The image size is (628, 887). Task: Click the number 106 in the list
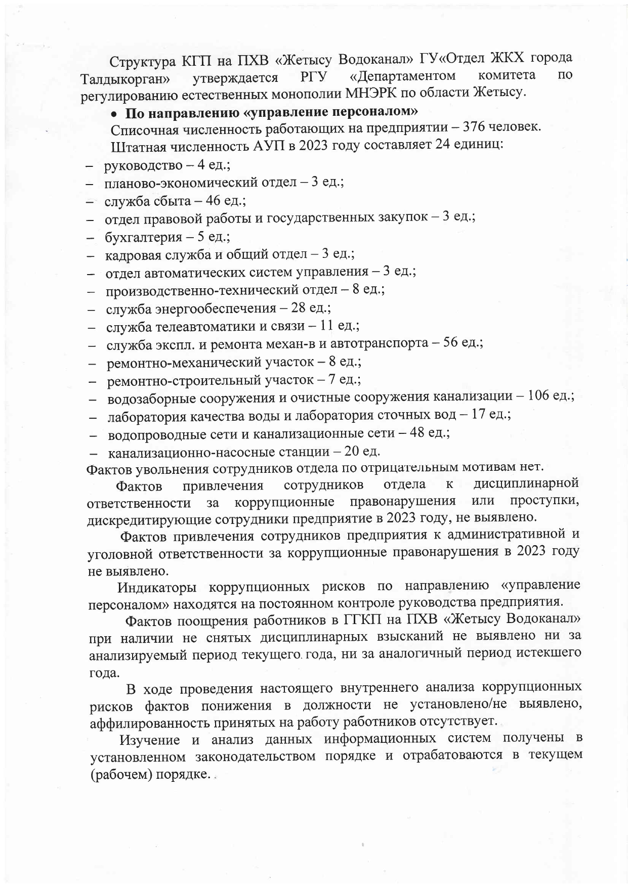coord(538,396)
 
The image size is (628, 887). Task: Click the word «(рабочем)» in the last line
coord(121,775)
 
